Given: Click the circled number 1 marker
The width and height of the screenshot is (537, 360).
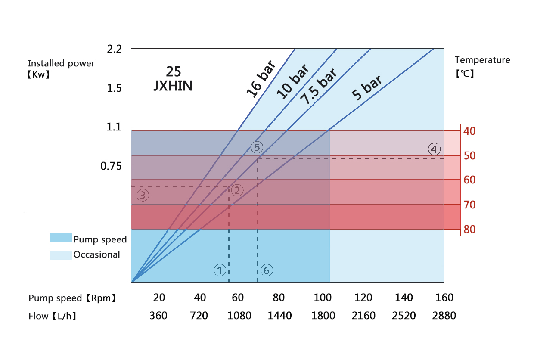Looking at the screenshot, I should click(x=220, y=270).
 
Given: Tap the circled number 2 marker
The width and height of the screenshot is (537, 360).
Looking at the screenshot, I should click(x=237, y=190).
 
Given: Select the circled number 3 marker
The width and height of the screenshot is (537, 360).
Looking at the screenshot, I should click(x=143, y=195).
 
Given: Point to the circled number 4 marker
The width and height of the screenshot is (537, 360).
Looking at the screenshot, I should click(x=434, y=149).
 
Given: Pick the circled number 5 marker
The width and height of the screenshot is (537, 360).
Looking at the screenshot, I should click(x=257, y=147).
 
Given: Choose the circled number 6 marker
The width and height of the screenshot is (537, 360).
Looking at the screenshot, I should click(x=267, y=270).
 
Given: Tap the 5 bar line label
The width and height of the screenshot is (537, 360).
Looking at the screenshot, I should click(x=366, y=88).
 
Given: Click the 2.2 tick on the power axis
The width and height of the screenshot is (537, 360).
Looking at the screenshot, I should click(x=114, y=49).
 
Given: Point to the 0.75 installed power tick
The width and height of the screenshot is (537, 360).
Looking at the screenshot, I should click(x=111, y=166).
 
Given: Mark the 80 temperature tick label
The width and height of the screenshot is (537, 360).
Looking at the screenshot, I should click(x=470, y=230).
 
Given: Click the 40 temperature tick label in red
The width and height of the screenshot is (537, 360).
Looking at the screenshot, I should click(x=470, y=131).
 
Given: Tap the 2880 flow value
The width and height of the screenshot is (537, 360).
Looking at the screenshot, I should click(x=444, y=316).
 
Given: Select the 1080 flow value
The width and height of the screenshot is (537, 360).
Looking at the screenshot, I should click(x=239, y=316).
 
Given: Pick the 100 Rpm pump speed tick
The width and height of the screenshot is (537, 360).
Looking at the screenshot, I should click(x=323, y=298).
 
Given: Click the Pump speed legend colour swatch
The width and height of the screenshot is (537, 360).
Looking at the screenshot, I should click(x=60, y=238).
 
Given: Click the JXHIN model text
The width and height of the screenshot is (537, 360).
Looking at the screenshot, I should click(x=173, y=86).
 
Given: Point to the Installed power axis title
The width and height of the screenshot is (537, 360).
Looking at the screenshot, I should click(x=61, y=64).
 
